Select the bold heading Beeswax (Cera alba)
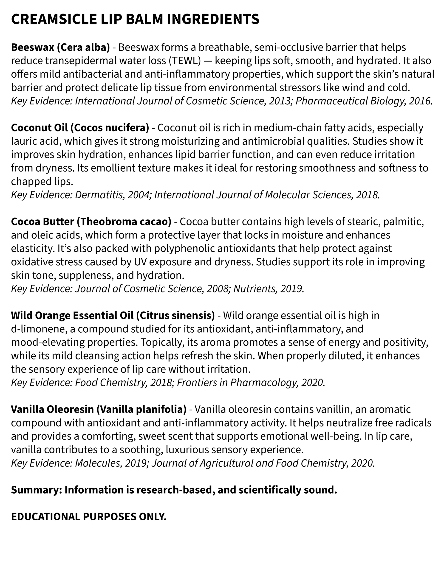tap(60, 47)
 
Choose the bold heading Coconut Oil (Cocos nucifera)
tap(80, 128)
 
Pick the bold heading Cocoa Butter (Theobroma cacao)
tap(91, 222)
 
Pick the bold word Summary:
tap(36, 490)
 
